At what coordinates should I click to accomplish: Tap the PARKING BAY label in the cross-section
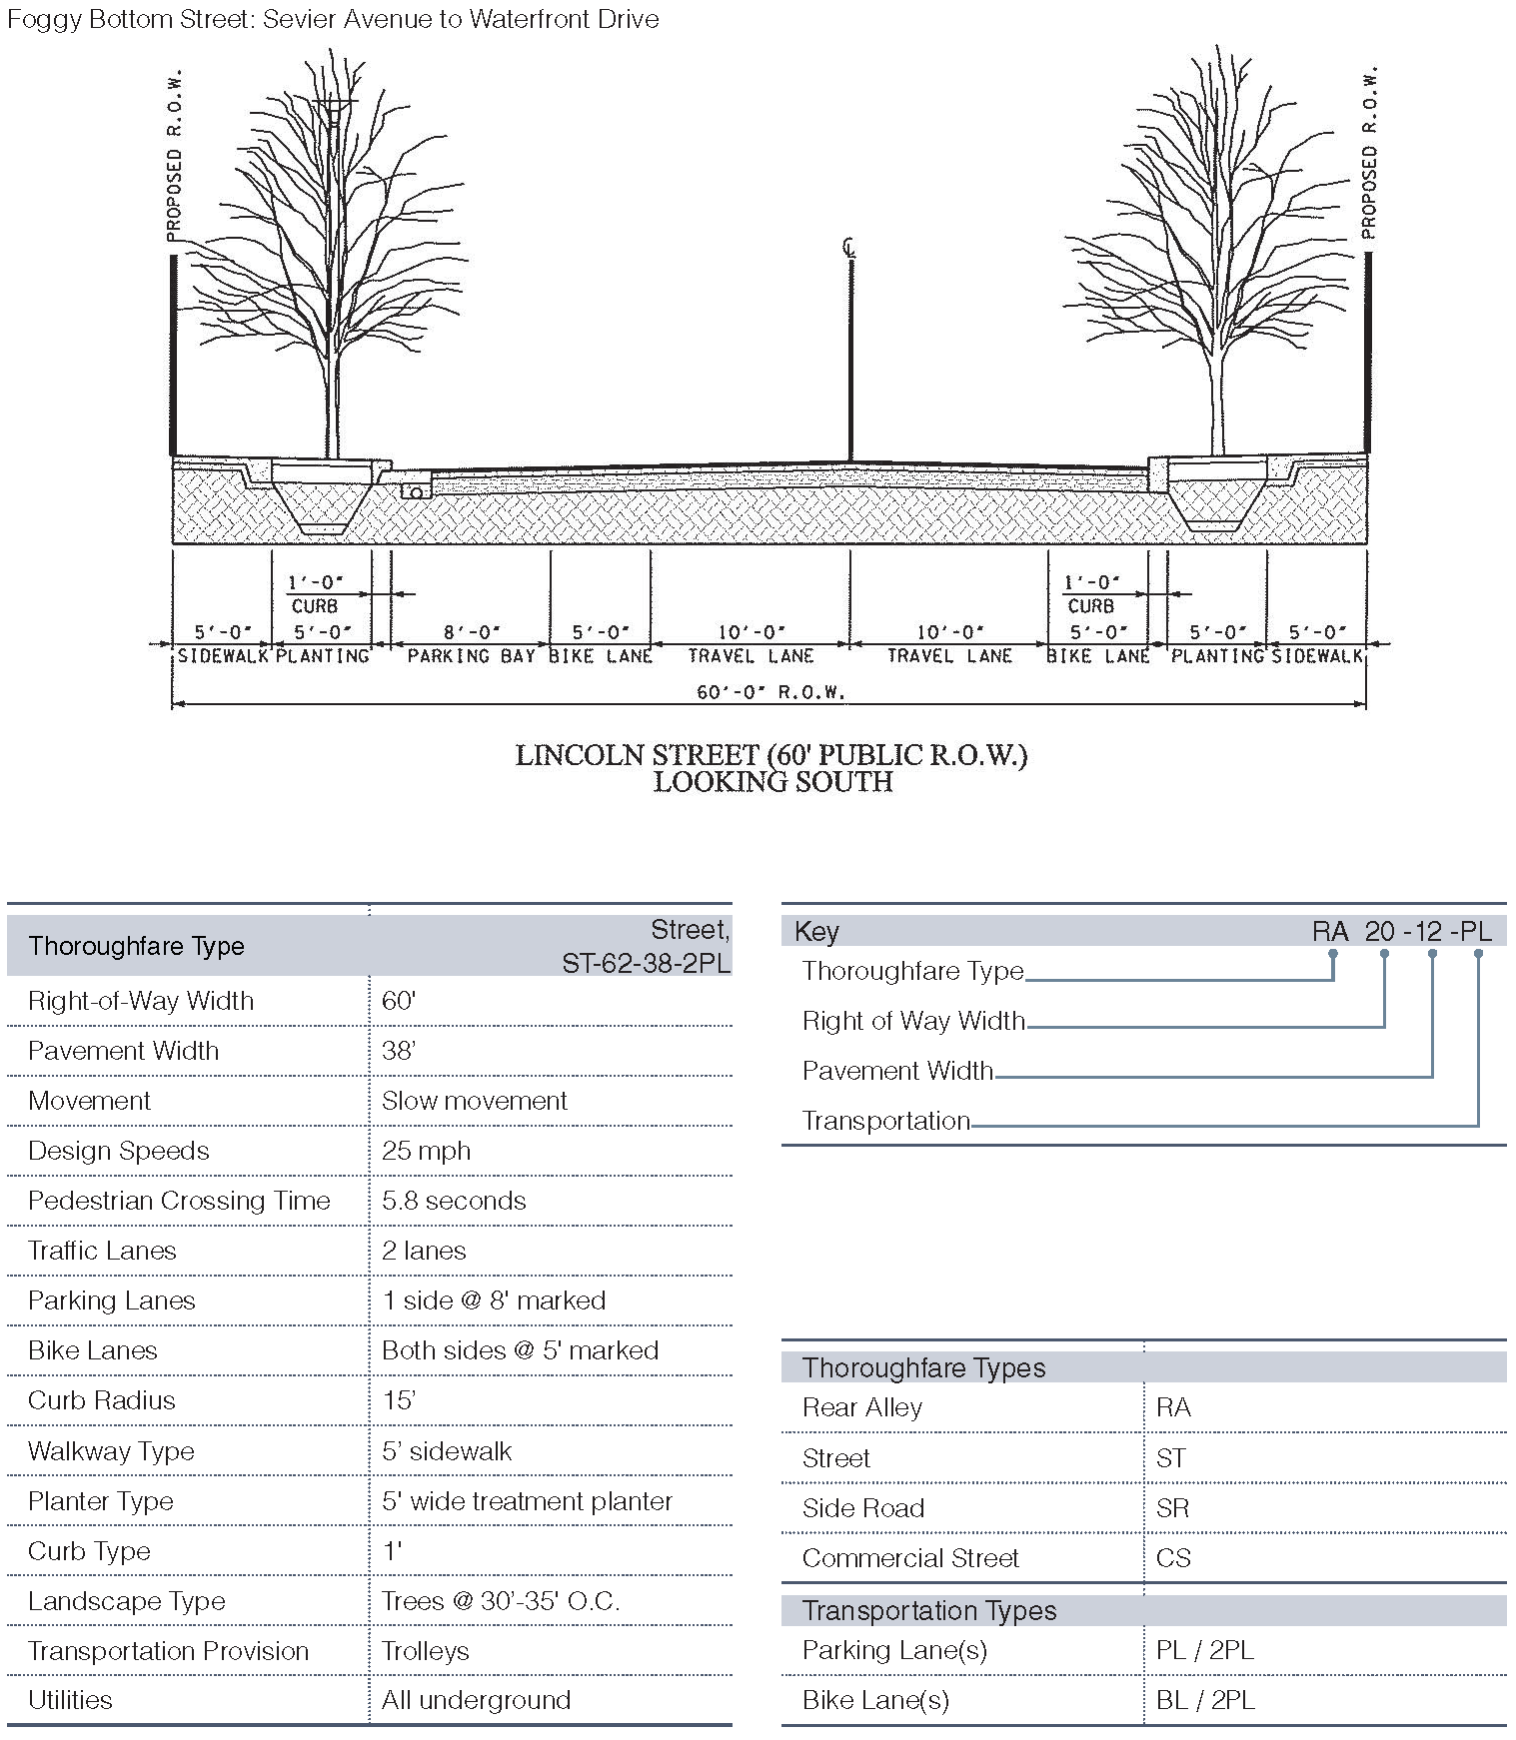point(471,656)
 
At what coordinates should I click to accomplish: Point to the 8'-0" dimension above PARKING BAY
point(471,632)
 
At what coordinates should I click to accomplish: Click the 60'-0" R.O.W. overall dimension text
point(770,691)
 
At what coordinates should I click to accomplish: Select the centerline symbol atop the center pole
point(849,248)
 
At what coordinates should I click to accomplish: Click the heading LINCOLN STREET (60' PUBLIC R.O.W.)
point(770,755)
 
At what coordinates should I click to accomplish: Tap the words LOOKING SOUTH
point(772,781)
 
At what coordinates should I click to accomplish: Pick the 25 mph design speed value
point(426,1151)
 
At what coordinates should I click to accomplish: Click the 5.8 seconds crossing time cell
point(454,1201)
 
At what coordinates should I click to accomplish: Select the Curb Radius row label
point(101,1400)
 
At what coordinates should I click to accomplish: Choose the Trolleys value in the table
point(425,1651)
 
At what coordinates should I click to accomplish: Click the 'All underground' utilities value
point(476,1700)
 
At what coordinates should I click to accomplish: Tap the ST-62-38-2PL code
point(646,963)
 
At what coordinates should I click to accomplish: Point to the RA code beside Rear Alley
point(1172,1407)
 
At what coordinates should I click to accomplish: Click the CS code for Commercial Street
point(1173,1558)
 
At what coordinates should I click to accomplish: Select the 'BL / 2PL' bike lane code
point(1204,1700)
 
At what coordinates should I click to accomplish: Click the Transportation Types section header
point(928,1610)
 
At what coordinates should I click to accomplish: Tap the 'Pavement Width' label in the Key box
point(897,1071)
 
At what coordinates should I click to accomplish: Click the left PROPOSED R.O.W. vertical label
point(174,155)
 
